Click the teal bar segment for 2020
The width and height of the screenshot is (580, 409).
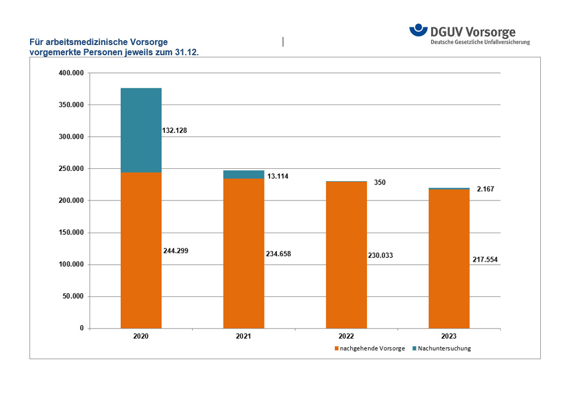click(x=141, y=130)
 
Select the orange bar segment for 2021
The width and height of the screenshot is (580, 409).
click(x=244, y=253)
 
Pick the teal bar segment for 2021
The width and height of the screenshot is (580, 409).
click(x=244, y=175)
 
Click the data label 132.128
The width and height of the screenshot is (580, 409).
click(x=174, y=130)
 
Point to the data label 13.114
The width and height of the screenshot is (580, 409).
click(x=277, y=176)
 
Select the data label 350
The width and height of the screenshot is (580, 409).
click(x=379, y=183)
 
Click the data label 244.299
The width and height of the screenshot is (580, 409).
click(x=176, y=250)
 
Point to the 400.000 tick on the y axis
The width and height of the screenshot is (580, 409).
click(x=71, y=73)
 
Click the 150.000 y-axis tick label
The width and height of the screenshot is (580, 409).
click(x=71, y=233)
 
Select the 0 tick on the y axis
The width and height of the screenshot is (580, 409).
click(x=82, y=328)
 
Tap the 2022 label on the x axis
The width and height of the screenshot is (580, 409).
click(x=346, y=336)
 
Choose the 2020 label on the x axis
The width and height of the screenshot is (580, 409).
click(x=141, y=336)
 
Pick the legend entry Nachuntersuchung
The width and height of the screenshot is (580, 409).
click(x=444, y=348)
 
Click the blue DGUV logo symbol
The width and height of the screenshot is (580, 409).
click(x=418, y=31)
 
